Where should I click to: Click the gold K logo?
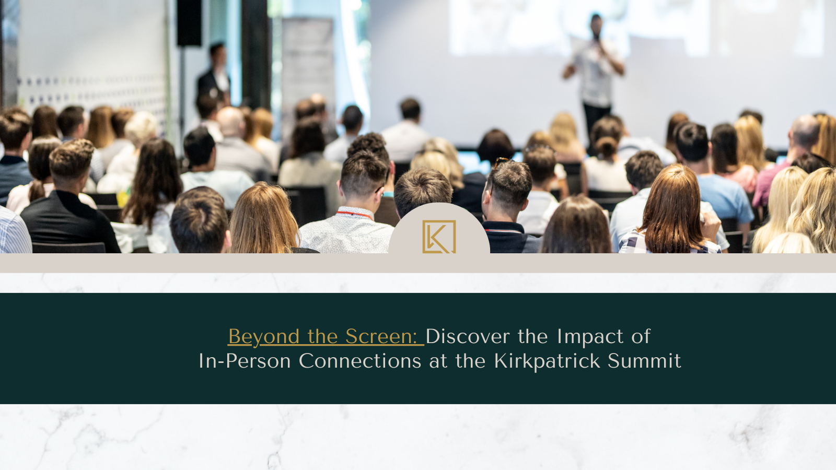[439, 237]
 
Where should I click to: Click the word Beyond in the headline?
[264, 337]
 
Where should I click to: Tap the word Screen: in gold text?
[381, 336]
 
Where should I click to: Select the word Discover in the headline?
[468, 336]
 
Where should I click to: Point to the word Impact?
[590, 337]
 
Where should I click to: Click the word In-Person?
[245, 361]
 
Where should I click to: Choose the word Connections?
[360, 361]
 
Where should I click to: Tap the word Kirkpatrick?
[547, 361]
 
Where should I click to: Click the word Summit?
[644, 361]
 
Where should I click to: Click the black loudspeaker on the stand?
[189, 23]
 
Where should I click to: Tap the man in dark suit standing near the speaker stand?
[214, 75]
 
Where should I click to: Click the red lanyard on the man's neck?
[355, 215]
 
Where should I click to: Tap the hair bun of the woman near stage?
[606, 147]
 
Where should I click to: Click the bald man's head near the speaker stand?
[230, 121]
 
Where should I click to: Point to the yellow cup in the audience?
[122, 198]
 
